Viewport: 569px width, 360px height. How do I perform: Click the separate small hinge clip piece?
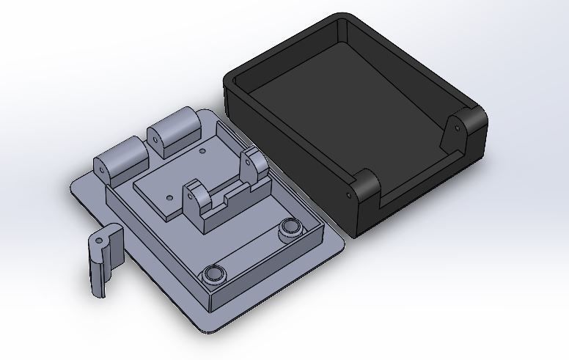(x=104, y=260)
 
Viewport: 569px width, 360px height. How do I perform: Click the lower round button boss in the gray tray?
(x=213, y=273)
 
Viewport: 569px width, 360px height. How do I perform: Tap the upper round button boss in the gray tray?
(x=291, y=228)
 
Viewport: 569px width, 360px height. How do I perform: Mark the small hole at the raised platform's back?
(x=202, y=151)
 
